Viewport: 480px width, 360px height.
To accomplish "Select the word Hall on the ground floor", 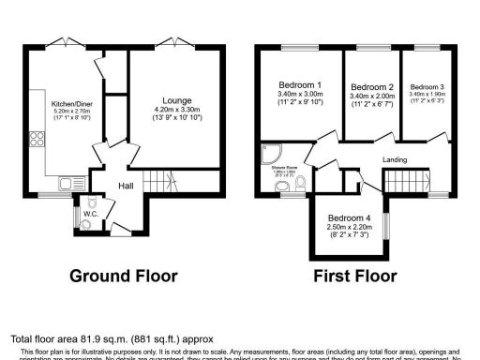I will pyautogui.click(x=126, y=186).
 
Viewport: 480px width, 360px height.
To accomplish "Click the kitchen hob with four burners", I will pyautogui.click(x=40, y=142).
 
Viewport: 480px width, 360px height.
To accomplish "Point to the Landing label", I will pyautogui.click(x=395, y=159).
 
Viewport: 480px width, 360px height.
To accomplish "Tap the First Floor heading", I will pyautogui.click(x=355, y=277).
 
